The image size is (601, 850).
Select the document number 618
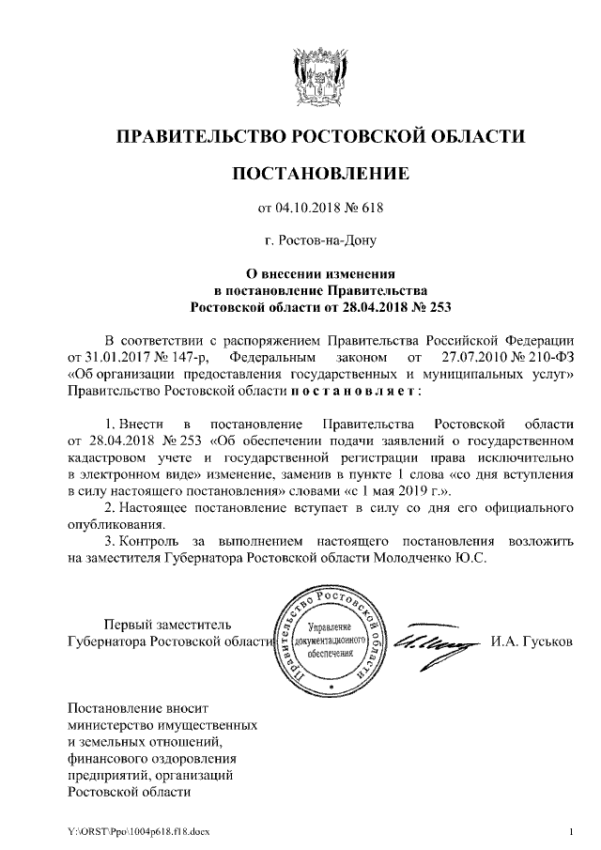pos(372,208)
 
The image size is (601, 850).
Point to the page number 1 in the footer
pos(570,831)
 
